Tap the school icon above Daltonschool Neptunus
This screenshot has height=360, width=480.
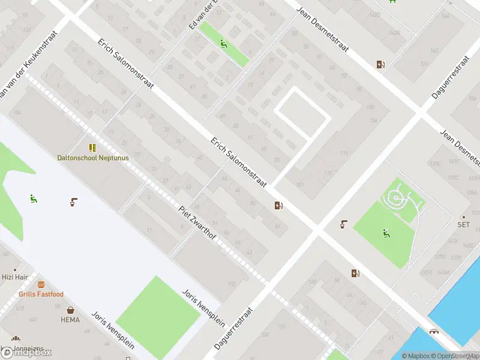tap(92, 148)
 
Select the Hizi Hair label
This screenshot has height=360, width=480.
tap(15, 277)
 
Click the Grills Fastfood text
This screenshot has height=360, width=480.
tap(41, 294)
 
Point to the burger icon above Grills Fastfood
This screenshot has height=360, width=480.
tap(41, 284)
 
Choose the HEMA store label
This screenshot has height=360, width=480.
tap(70, 320)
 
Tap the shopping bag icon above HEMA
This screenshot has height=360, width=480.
tap(71, 310)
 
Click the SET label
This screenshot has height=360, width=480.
tap(463, 225)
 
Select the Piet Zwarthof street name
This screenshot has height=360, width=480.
tap(197, 224)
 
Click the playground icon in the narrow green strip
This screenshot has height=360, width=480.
tap(223, 43)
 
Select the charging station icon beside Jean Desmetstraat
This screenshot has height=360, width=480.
tap(380, 65)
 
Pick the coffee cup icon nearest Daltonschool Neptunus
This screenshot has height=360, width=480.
tap(73, 202)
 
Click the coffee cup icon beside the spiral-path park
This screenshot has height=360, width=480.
tap(344, 225)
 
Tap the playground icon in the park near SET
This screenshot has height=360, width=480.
tap(386, 233)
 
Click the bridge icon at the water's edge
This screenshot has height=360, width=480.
tap(433, 332)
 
